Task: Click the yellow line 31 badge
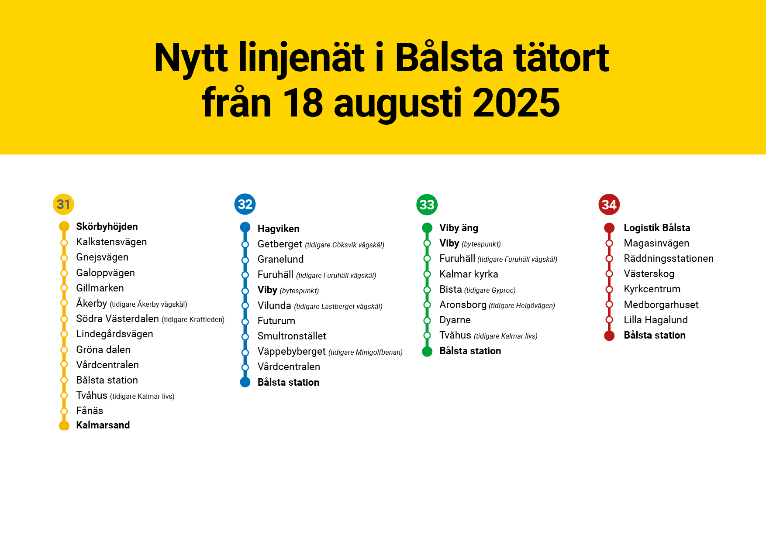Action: pyautogui.click(x=63, y=204)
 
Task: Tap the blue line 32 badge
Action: pyautogui.click(x=245, y=204)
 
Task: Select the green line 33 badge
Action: pyautogui.click(x=427, y=205)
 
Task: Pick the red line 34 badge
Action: pyautogui.click(x=609, y=205)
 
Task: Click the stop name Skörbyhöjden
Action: pyautogui.click(x=107, y=226)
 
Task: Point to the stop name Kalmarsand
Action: pyautogui.click(x=103, y=425)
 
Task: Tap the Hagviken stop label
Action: pyautogui.click(x=278, y=229)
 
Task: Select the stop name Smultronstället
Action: pyautogui.click(x=292, y=336)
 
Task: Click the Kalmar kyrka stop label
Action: pyautogui.click(x=469, y=274)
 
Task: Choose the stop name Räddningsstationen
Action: pyautogui.click(x=668, y=258)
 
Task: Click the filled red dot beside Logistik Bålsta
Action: pyautogui.click(x=609, y=228)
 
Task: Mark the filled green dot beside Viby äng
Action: pyautogui.click(x=427, y=228)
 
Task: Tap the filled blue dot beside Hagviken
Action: pyautogui.click(x=245, y=227)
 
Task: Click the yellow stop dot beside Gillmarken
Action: pyautogui.click(x=64, y=288)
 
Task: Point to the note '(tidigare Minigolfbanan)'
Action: pyautogui.click(x=365, y=352)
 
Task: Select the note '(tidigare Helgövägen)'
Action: pyautogui.click(x=521, y=305)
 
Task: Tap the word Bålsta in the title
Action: pyautogui.click(x=449, y=58)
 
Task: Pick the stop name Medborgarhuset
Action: pyautogui.click(x=661, y=305)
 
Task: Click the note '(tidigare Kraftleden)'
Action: pyautogui.click(x=193, y=319)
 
